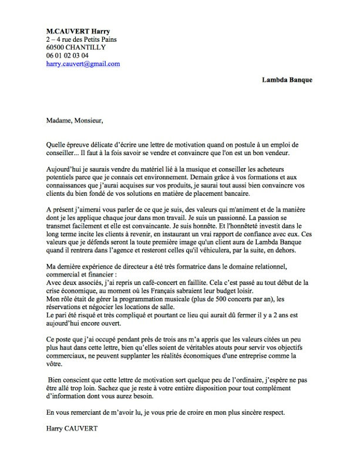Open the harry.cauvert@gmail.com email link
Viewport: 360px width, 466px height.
click(x=83, y=64)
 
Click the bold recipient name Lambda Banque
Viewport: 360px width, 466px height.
click(x=287, y=79)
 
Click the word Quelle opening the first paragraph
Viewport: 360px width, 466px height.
click(x=56, y=145)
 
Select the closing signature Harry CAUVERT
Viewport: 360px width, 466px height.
click(x=72, y=429)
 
